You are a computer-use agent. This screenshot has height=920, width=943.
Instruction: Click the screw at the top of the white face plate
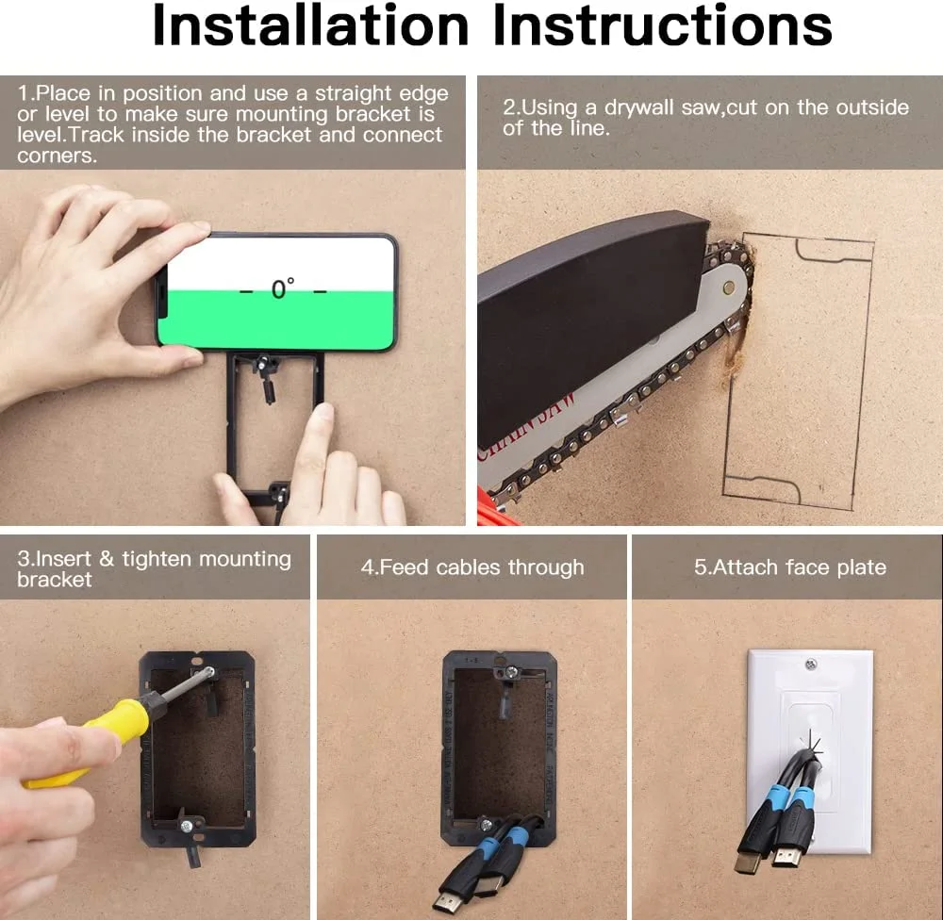tap(810, 665)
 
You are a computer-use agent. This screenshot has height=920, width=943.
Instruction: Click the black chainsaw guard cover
tap(585, 320)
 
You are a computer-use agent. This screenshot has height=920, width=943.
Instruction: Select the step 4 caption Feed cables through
tap(472, 567)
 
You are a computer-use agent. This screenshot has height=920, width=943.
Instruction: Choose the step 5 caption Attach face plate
tap(790, 567)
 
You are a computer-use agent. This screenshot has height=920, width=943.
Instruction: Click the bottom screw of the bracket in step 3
tap(188, 826)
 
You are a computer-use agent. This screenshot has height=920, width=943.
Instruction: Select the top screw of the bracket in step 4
tap(508, 673)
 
